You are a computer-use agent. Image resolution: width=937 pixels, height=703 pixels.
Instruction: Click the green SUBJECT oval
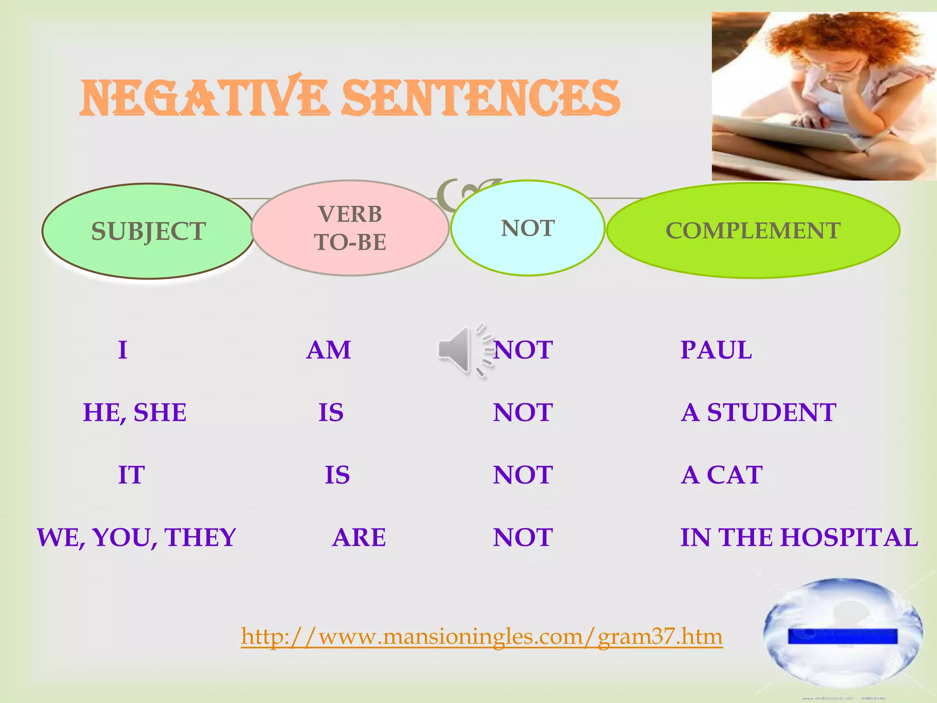(x=148, y=231)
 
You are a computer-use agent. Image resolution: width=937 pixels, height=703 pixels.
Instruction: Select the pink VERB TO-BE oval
(x=350, y=228)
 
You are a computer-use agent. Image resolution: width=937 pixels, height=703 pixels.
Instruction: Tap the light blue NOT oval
(x=528, y=228)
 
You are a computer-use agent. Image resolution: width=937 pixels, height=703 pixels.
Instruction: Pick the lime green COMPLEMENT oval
(x=753, y=230)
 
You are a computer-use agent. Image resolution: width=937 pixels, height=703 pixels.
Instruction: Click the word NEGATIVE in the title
(x=204, y=97)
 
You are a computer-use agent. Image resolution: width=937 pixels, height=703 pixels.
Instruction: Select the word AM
(x=328, y=350)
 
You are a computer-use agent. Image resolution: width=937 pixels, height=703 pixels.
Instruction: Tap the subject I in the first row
(x=123, y=350)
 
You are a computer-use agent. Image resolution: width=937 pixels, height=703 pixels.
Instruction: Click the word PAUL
(x=716, y=350)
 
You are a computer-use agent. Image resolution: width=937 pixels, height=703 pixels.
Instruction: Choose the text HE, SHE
(x=135, y=412)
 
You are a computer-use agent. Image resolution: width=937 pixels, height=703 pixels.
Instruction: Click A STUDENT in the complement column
(x=759, y=412)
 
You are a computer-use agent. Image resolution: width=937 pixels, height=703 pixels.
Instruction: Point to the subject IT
(x=131, y=475)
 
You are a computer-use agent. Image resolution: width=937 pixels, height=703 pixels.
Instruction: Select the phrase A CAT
(x=722, y=475)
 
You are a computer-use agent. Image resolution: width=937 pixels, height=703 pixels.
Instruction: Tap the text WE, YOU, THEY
(x=136, y=537)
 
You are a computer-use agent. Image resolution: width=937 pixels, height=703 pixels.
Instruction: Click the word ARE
(x=359, y=537)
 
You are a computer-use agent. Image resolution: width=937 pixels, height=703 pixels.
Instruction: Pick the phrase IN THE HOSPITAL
(x=799, y=537)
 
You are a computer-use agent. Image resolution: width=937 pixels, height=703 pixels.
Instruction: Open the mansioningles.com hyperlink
(x=482, y=636)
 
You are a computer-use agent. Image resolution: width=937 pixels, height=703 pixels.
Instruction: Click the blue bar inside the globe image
(x=842, y=636)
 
